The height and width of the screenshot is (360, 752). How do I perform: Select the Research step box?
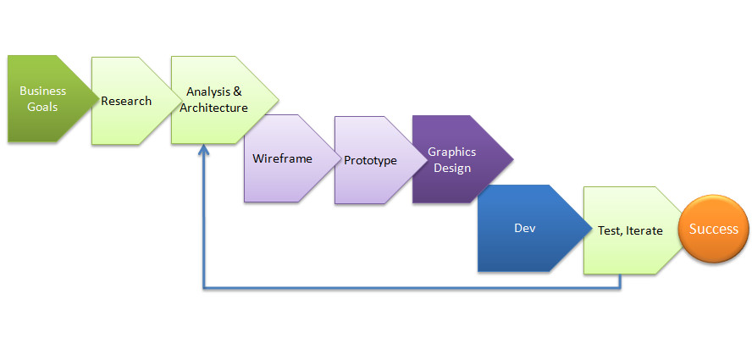[x=126, y=101]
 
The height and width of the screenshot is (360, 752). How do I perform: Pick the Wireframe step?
[x=283, y=158]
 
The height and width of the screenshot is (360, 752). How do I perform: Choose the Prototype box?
[x=370, y=160]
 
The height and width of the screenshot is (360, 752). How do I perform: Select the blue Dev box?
[x=525, y=229]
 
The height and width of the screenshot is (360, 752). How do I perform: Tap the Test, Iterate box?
[x=630, y=230]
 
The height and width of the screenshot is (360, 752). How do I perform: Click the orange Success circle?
[x=713, y=229]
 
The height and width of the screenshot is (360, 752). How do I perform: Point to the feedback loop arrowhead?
[x=203, y=150]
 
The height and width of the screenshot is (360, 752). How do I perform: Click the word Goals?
[x=43, y=108]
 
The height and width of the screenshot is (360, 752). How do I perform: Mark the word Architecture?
[x=214, y=108]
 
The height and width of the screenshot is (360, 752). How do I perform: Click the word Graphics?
[x=451, y=152]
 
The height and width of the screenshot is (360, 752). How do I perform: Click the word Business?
[x=43, y=91]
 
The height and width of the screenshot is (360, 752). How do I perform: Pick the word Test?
[x=609, y=230]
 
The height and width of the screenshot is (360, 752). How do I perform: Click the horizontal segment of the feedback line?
[x=406, y=289]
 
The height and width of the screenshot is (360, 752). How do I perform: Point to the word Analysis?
[x=207, y=91]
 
